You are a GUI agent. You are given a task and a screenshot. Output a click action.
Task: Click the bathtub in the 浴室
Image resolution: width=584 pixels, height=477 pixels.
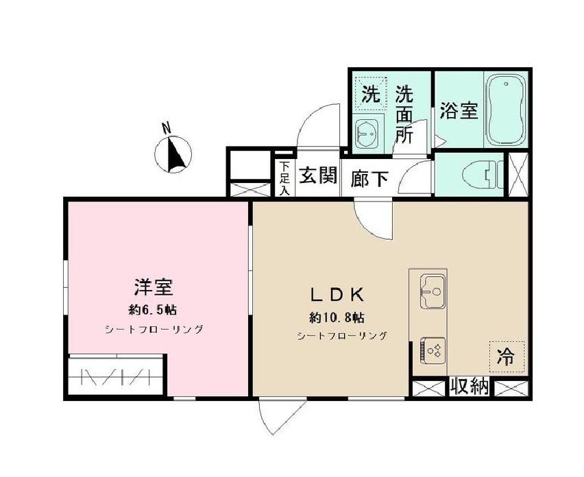[506, 110]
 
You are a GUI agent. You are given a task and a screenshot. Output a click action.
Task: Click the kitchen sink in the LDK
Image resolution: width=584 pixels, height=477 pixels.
[433, 291]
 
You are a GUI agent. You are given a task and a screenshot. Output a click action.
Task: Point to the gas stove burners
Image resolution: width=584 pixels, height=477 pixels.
[433, 350]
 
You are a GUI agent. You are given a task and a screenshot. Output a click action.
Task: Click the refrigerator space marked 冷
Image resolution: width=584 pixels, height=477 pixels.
[507, 357]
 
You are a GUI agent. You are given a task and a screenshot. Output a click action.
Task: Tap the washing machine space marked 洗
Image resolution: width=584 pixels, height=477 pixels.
[371, 93]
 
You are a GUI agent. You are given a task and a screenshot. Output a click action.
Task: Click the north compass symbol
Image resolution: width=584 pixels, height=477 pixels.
[173, 154]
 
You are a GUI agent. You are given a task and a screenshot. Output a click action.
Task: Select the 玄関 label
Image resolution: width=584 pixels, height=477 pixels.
[317, 175]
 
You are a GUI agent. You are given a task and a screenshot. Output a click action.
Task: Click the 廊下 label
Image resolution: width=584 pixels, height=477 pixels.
[369, 179]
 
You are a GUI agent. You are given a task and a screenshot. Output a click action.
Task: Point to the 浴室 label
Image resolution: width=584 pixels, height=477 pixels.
[459, 110]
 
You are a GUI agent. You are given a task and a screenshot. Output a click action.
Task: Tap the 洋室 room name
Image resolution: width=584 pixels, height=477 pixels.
[154, 287]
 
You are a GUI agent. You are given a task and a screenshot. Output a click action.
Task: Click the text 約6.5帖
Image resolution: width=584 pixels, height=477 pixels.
[153, 310]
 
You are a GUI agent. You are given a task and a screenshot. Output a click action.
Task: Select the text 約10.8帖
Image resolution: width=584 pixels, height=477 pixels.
[337, 317]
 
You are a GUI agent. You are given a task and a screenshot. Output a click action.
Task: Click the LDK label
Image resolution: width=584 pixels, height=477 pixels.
[337, 295]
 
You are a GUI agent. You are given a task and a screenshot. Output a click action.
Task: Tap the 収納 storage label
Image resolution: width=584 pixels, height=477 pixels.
[470, 387]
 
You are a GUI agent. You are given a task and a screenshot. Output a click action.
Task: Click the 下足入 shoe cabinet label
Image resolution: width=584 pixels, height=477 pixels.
[285, 178]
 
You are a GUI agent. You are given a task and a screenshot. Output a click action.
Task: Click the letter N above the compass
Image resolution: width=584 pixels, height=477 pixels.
[167, 127]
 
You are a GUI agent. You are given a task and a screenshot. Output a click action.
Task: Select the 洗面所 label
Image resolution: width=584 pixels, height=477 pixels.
[404, 114]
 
